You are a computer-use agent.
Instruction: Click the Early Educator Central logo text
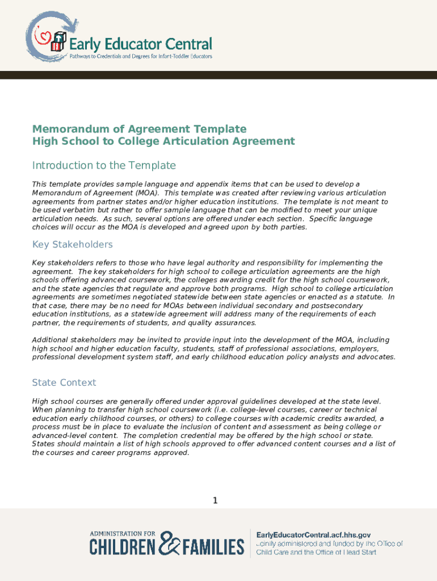[140, 43]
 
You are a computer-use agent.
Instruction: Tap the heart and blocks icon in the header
[51, 40]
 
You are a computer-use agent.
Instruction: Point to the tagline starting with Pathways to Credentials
[141, 57]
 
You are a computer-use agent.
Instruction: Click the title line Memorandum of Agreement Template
[139, 129]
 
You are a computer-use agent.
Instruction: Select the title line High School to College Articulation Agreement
[163, 141]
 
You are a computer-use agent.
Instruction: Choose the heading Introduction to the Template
[104, 165]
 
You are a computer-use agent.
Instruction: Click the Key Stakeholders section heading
[72, 245]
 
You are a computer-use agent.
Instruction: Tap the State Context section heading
[64, 382]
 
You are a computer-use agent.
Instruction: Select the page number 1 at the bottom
[215, 500]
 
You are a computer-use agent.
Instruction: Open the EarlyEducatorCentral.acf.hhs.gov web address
[314, 535]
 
